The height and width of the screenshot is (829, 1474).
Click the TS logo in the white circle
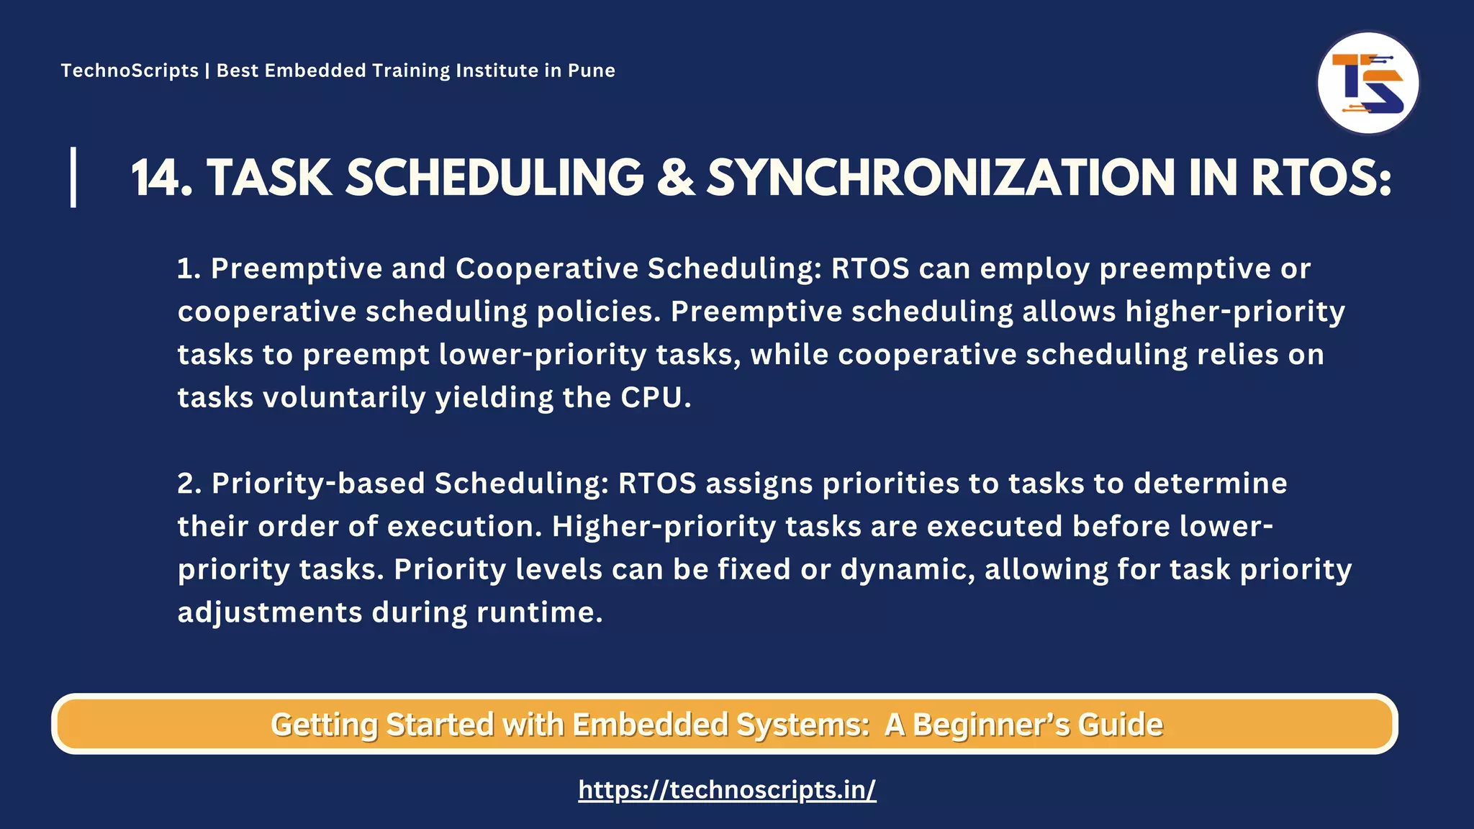(1367, 83)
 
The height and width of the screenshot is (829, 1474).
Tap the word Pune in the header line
(591, 71)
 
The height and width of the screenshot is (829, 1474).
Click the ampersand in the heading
(675, 178)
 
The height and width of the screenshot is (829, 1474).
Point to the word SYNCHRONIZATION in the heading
(940, 178)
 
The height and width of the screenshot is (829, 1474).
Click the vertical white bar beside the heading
(73, 177)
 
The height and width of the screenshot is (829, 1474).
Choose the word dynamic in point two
(908, 570)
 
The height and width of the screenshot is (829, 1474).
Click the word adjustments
(270, 613)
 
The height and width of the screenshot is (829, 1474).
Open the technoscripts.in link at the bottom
(727, 790)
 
